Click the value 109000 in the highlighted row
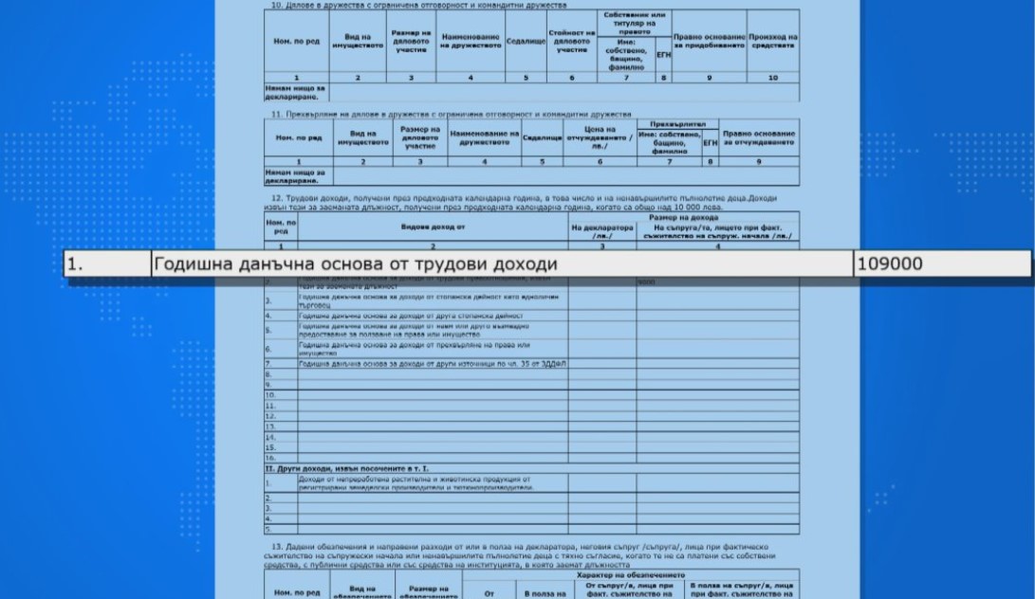pos(889,265)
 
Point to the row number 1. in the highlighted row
pos(75,265)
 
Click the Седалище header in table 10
pos(525,43)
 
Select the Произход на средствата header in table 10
pos(773,43)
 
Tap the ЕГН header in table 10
pos(664,54)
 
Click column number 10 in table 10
pos(773,78)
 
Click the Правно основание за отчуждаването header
pos(759,136)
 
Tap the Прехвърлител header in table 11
pos(676,124)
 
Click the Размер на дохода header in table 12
pos(684,217)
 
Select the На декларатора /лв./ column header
pos(603,231)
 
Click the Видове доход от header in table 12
pos(433,227)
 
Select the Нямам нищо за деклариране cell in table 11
pos(295,175)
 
